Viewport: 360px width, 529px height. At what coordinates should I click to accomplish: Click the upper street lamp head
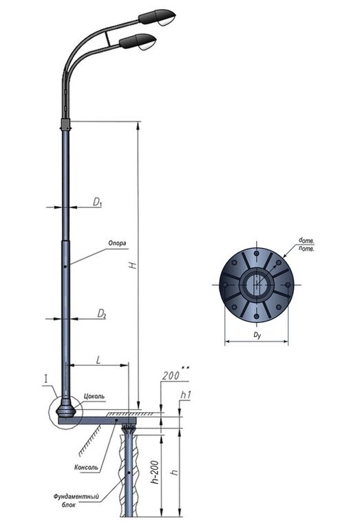[159, 16]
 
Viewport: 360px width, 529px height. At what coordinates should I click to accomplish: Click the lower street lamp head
[140, 42]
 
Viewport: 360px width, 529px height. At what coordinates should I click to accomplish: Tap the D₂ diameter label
[100, 314]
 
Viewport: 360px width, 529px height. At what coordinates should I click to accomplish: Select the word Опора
[117, 243]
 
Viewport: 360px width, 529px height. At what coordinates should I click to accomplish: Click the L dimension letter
[99, 360]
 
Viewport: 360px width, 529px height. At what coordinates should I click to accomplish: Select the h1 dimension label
[186, 395]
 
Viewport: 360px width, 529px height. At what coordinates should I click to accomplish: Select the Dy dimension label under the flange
[257, 335]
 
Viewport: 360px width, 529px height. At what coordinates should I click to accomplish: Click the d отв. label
[307, 239]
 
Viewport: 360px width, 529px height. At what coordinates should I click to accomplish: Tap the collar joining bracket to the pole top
[66, 124]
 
